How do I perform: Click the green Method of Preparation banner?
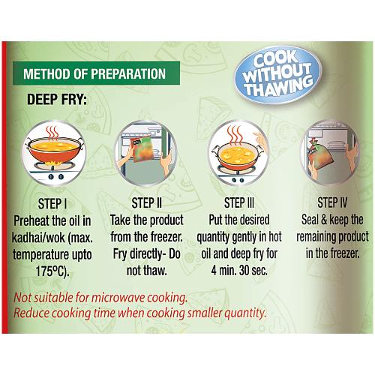click(x=96, y=73)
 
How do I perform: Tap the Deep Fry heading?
click(x=57, y=100)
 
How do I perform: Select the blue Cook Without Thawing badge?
click(x=277, y=74)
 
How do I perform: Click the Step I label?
click(x=52, y=203)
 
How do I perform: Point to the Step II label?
click(x=147, y=202)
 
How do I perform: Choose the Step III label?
click(x=239, y=202)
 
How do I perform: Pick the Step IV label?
click(x=332, y=202)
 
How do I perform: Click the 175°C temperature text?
click(x=52, y=271)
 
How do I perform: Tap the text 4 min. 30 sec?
click(x=239, y=271)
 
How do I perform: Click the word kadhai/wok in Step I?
click(x=38, y=238)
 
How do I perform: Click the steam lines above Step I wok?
click(x=52, y=133)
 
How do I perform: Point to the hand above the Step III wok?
click(x=260, y=141)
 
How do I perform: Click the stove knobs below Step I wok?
click(x=55, y=177)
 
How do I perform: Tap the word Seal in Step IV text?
click(x=310, y=220)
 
